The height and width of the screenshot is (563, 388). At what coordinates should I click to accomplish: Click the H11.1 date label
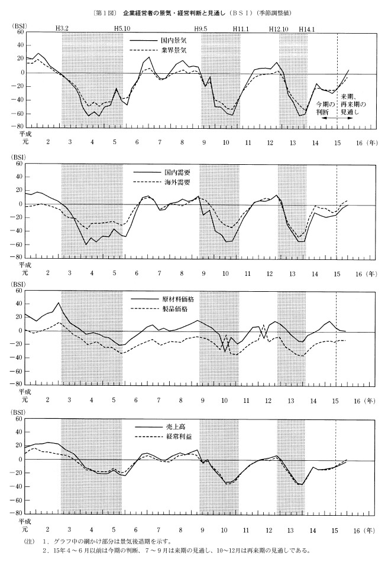pyautogui.click(x=241, y=28)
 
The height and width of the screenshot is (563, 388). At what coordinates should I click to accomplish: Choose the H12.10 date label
pyautogui.click(x=279, y=28)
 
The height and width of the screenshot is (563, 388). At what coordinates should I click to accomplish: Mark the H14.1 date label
pyautogui.click(x=307, y=28)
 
